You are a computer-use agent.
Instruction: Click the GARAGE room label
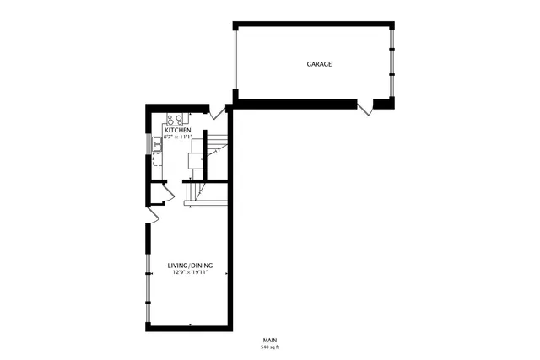(318, 64)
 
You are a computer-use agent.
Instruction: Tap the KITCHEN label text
(178, 131)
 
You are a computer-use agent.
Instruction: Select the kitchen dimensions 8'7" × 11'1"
(178, 137)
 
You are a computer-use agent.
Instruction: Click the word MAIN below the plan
(270, 340)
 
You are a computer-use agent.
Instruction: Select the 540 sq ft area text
(270, 347)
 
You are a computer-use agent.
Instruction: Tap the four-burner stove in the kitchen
(175, 119)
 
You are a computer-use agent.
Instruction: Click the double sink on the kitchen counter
(158, 145)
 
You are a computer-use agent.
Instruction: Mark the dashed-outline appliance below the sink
(159, 162)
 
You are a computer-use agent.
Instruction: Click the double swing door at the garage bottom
(365, 107)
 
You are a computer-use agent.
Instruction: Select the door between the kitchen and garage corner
(218, 110)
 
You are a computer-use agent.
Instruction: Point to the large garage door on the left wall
(236, 59)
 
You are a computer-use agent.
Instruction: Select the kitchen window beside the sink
(149, 145)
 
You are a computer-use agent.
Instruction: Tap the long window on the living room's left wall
(148, 278)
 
